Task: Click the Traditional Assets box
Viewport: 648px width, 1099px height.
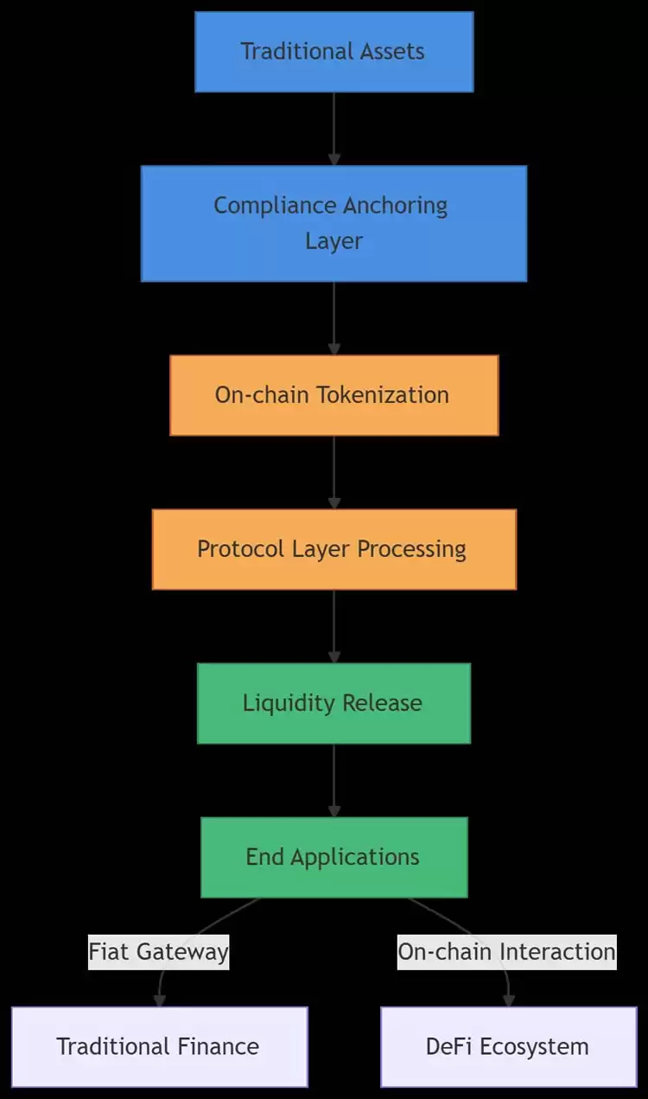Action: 334,52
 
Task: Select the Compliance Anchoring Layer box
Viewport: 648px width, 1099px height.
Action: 334,223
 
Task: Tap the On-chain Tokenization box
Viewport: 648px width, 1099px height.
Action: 334,395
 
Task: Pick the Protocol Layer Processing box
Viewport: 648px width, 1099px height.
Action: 334,549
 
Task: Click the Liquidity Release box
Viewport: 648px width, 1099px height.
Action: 334,703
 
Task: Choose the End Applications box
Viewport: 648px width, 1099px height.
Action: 334,857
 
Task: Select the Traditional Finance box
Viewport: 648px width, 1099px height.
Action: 159,1046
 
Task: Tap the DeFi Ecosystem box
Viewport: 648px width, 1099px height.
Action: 508,1046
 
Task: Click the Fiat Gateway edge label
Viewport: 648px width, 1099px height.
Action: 159,952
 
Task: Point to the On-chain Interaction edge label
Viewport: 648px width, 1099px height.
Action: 507,952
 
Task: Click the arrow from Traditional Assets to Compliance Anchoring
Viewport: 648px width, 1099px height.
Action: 334,128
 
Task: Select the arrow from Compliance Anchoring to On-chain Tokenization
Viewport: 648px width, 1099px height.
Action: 334,317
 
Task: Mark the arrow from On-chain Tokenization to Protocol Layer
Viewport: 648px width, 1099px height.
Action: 334,472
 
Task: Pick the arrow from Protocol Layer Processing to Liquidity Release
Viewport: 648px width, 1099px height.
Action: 334,626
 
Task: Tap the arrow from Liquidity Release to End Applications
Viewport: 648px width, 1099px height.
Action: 334,780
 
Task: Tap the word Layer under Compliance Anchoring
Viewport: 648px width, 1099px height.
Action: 334,240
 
